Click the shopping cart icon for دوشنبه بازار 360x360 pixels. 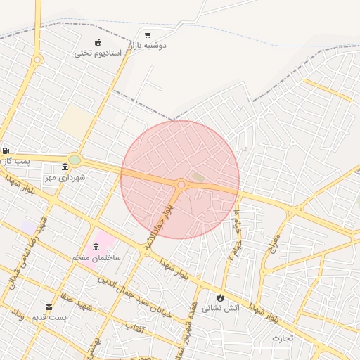148,34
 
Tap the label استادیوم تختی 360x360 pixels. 98,53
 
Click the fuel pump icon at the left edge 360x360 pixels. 6,150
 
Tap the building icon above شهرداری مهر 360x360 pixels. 65,167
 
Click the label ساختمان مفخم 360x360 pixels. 96,257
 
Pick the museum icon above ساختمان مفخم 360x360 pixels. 96,246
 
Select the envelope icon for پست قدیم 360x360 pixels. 49,307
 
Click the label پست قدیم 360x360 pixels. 49,318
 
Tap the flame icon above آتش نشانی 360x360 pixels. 221,297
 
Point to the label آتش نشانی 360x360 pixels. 221,307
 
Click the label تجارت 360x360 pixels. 285,338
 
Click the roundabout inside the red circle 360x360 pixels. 181,184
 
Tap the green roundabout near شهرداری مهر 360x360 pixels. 75,160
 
